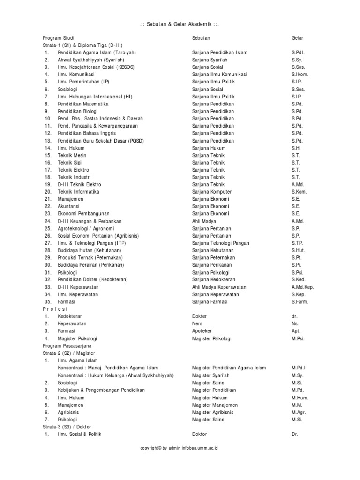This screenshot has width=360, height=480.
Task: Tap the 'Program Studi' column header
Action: coord(59,38)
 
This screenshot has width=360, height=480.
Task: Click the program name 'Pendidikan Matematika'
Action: coord(83,104)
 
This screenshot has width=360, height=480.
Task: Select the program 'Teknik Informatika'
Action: coord(78,192)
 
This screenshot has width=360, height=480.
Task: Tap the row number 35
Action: coord(47,302)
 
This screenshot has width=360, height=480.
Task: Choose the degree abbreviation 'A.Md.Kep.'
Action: coord(302,287)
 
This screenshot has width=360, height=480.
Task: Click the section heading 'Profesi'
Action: coord(55,309)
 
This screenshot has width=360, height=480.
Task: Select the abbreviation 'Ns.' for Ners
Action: coord(295,324)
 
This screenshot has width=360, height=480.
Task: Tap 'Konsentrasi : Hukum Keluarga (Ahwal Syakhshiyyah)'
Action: coord(116,375)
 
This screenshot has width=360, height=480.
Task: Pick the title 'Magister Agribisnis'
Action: coord(212,412)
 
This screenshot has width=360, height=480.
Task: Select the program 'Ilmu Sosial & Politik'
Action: coord(80,434)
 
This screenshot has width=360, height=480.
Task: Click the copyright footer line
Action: coord(179,448)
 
